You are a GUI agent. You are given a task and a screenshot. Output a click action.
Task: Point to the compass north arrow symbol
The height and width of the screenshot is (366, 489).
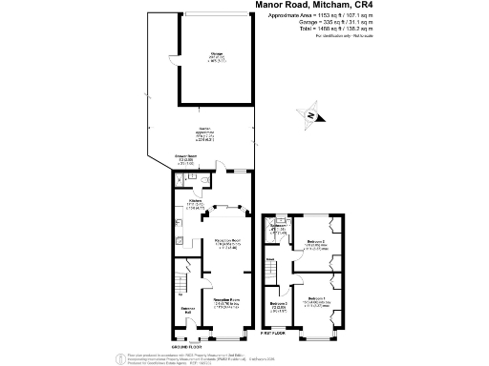(x=309, y=114)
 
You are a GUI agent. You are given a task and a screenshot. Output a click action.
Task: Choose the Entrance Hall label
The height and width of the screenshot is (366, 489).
(x=187, y=310)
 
